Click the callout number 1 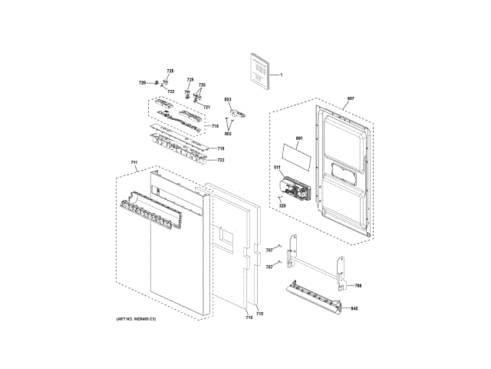[282, 75]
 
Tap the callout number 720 [142, 82]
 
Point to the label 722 [171, 91]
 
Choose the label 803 [228, 100]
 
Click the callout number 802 [228, 134]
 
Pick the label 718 [216, 126]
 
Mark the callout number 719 [220, 148]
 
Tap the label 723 [220, 160]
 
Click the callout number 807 [351, 99]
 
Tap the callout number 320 [282, 205]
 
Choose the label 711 [133, 162]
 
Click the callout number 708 [358, 286]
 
